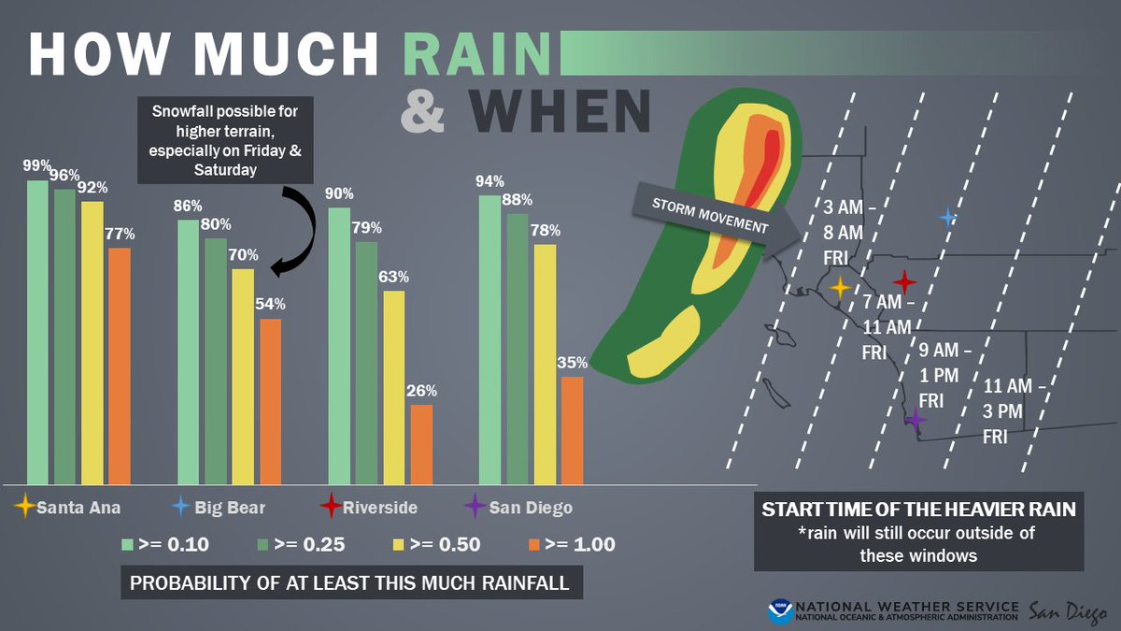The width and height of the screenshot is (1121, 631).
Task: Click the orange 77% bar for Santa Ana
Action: tap(120, 365)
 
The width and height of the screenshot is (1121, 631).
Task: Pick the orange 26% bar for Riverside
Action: tap(421, 444)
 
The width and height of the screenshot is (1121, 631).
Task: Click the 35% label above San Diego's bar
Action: tap(573, 363)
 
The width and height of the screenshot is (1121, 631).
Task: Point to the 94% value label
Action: tap(490, 180)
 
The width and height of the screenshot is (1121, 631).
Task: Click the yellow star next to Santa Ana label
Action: tap(25, 508)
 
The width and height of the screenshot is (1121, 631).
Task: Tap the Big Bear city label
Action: tap(230, 508)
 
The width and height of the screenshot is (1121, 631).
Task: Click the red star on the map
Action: tap(903, 281)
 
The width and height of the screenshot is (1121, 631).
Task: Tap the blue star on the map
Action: tap(948, 218)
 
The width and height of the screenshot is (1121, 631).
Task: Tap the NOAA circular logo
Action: tap(780, 611)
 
